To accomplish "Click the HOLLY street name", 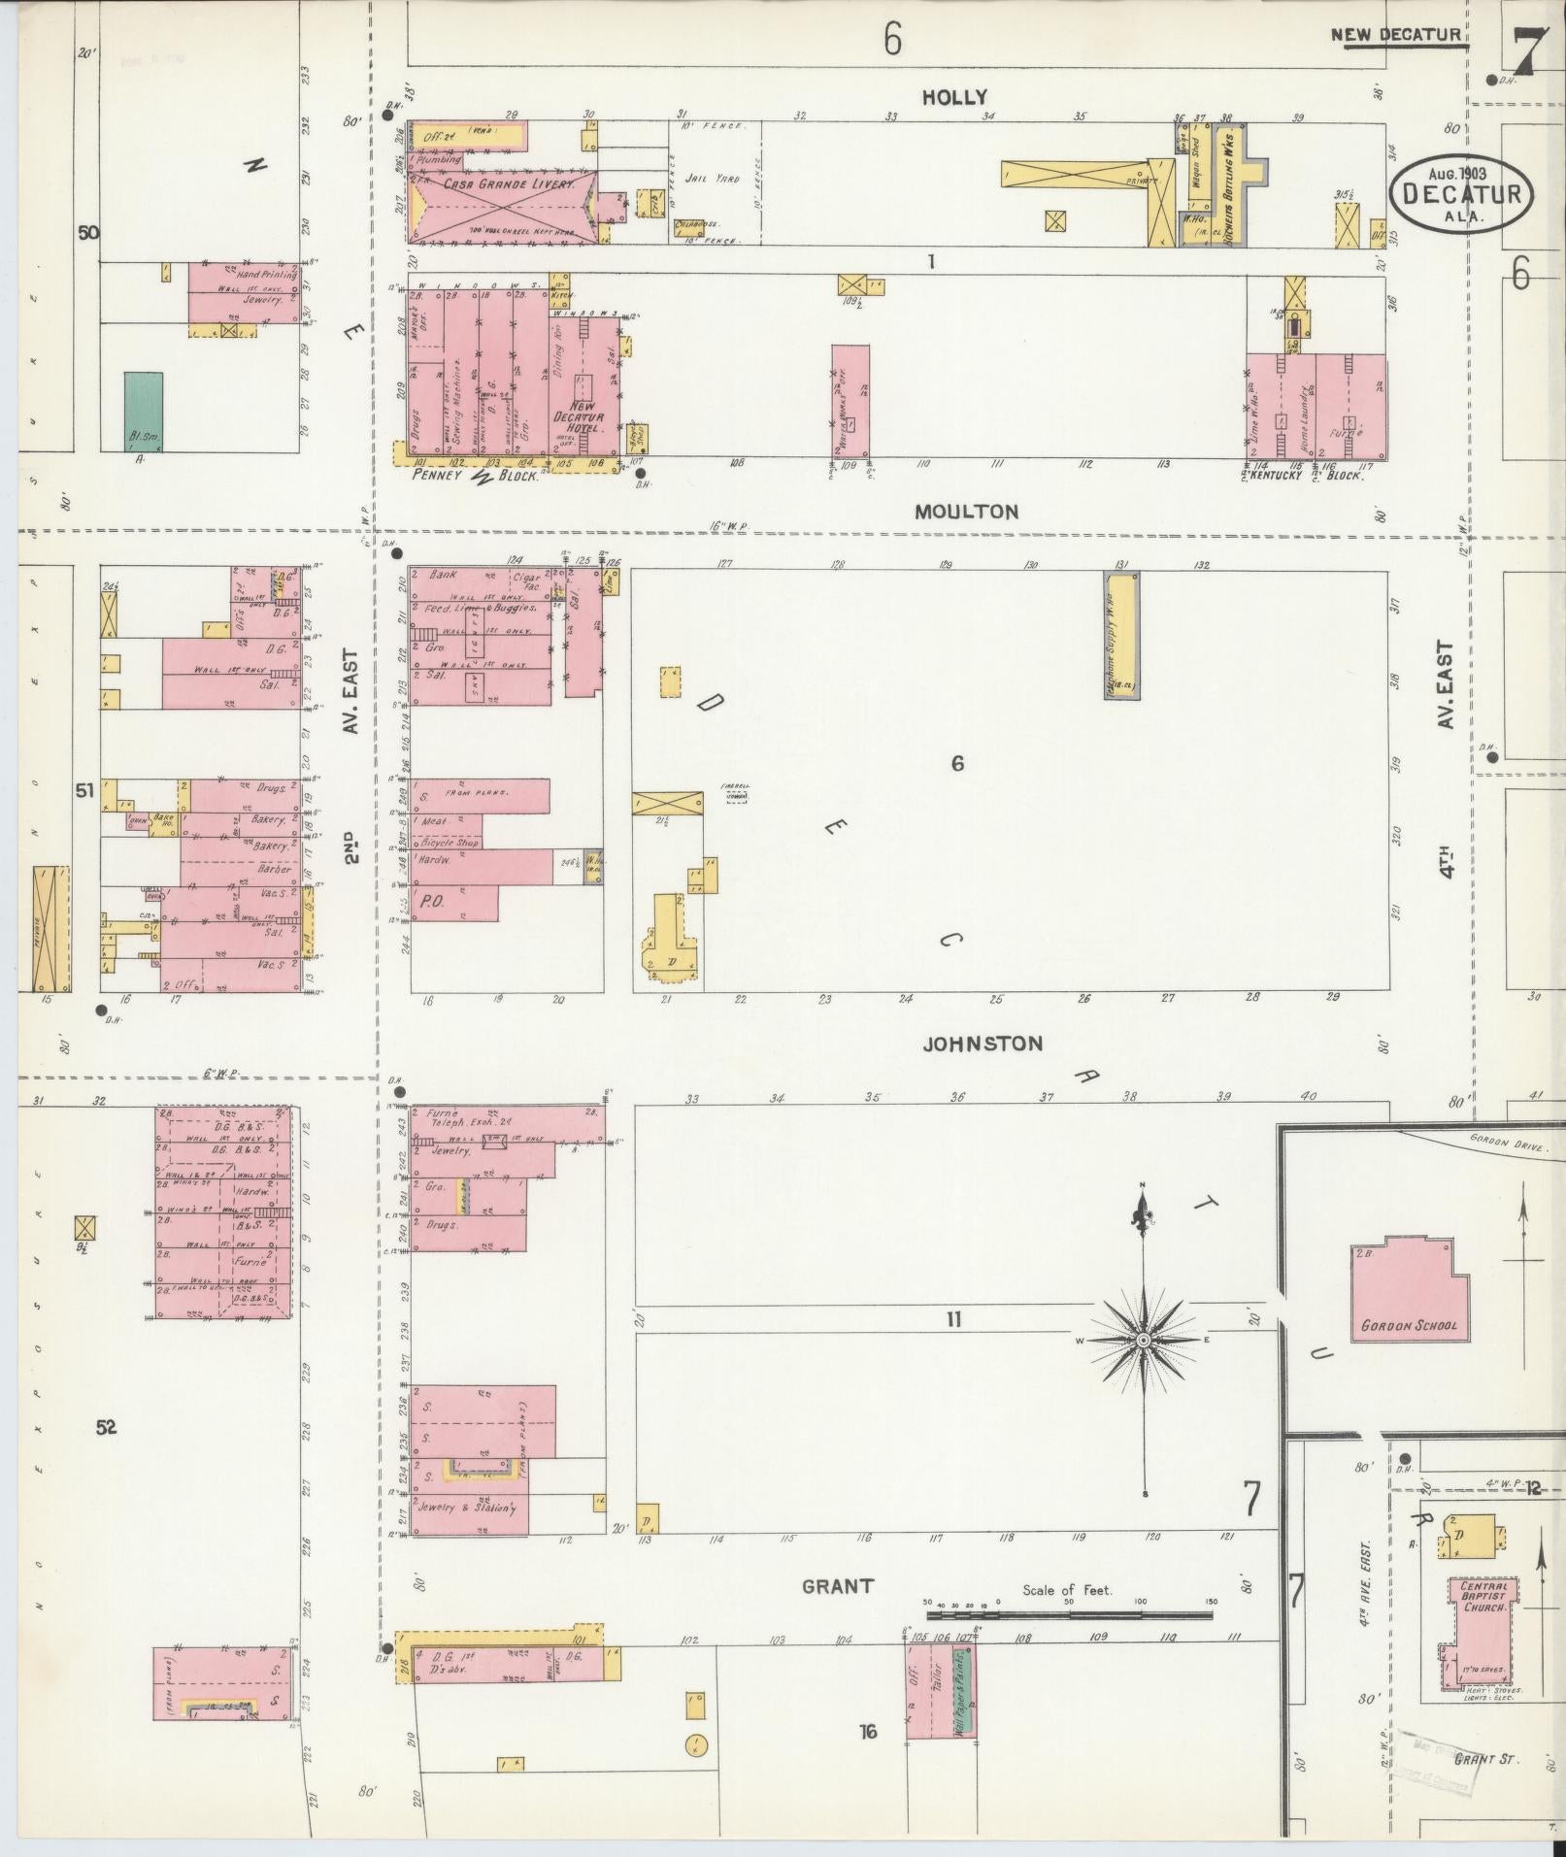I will (954, 97).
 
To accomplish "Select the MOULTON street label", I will (966, 512).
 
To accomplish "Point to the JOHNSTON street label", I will (983, 1044).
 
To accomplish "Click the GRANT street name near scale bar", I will (837, 1586).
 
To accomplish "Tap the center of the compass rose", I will (1143, 1340).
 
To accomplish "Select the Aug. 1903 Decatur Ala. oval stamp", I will (1461, 192).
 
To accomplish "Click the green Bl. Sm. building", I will (144, 412).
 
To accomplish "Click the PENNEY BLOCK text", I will (476, 477).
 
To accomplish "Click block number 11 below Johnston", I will (953, 1319).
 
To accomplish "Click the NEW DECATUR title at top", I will (1394, 36).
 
